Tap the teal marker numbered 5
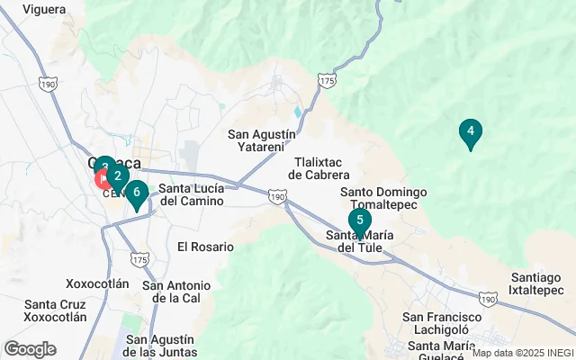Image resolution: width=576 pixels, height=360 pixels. (359, 220)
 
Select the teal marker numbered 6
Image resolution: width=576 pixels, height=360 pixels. (136, 192)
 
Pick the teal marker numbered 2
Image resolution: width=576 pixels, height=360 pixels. (117, 176)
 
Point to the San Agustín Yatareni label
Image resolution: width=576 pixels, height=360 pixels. (261, 140)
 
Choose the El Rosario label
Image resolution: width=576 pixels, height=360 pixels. (205, 247)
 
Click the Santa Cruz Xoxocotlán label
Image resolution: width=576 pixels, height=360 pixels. (56, 310)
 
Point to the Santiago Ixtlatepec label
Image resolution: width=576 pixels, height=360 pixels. (540, 283)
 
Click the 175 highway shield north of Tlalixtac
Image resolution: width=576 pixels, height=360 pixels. (326, 81)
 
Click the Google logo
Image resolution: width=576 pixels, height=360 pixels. (30, 349)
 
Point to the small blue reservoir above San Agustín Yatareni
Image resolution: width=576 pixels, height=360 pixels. (296, 113)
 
